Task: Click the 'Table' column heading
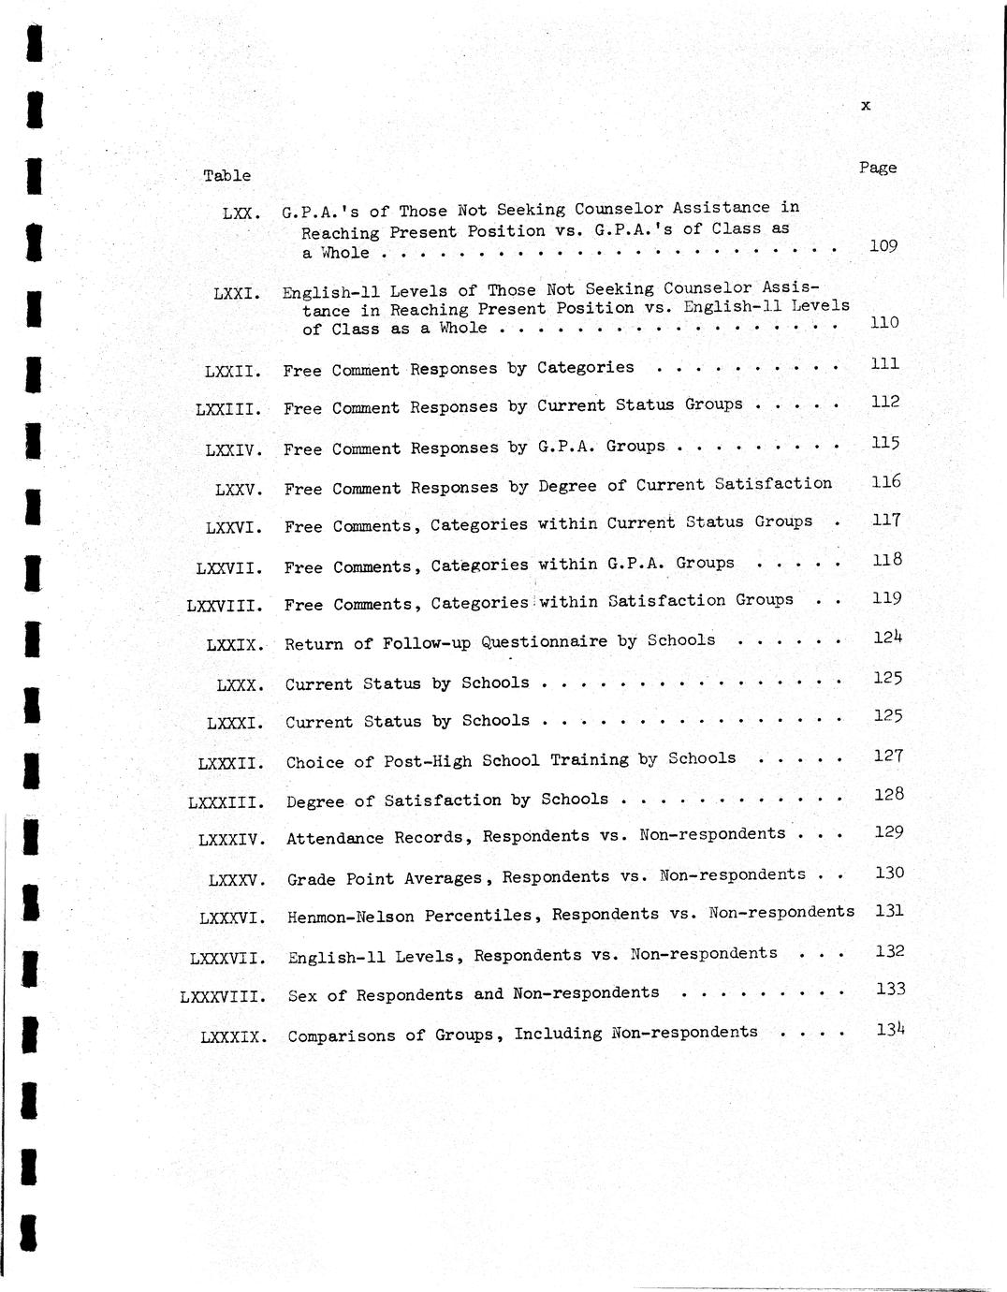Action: point(226,175)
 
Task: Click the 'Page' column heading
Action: point(877,168)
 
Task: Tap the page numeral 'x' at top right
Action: point(866,106)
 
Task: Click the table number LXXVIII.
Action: point(224,606)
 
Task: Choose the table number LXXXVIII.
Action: point(222,996)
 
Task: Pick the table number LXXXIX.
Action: point(234,1036)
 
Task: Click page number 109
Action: point(883,246)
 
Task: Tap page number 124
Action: point(887,638)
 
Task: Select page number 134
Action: point(890,1029)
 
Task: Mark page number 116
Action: point(885,482)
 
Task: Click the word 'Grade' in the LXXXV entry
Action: point(311,879)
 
